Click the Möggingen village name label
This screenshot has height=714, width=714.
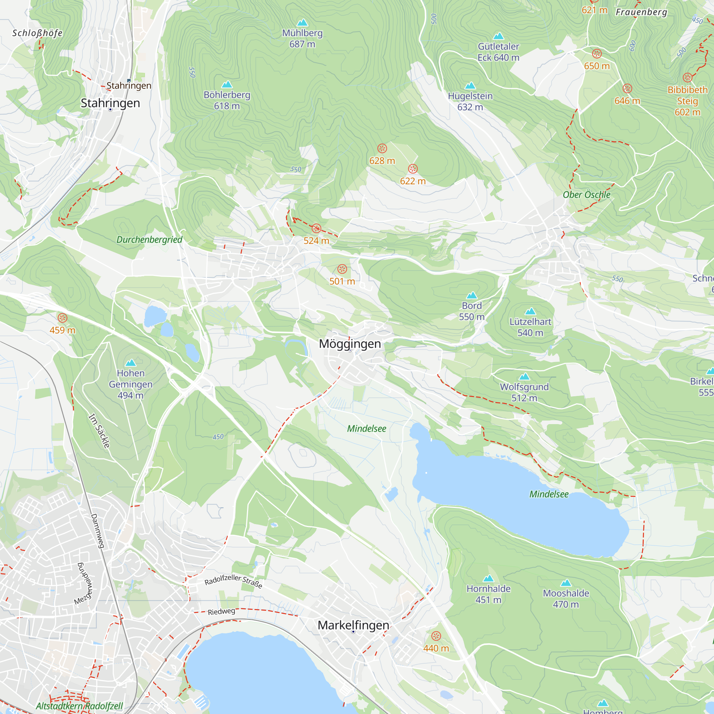[350, 344]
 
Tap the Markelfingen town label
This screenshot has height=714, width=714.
[353, 625]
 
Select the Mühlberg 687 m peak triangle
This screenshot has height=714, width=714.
[302, 22]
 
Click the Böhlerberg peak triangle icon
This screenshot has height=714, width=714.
[227, 84]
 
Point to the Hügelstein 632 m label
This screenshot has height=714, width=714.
[470, 101]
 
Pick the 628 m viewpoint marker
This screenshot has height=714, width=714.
[382, 149]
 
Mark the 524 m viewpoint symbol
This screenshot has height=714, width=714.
[316, 228]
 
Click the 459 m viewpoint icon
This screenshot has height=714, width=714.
[62, 318]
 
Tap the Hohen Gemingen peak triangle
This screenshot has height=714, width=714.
[130, 363]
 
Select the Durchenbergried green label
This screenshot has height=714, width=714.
[149, 240]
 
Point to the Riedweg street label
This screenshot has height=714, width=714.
[221, 612]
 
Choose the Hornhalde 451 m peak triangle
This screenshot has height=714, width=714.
[488, 578]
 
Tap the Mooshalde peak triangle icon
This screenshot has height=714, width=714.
[566, 583]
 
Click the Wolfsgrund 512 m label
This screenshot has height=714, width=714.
[524, 392]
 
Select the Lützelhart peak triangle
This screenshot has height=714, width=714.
[531, 311]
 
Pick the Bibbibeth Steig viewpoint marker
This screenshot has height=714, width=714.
[687, 77]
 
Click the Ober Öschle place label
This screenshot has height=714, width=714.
[587, 195]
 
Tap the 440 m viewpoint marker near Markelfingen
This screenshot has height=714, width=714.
[436, 636]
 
